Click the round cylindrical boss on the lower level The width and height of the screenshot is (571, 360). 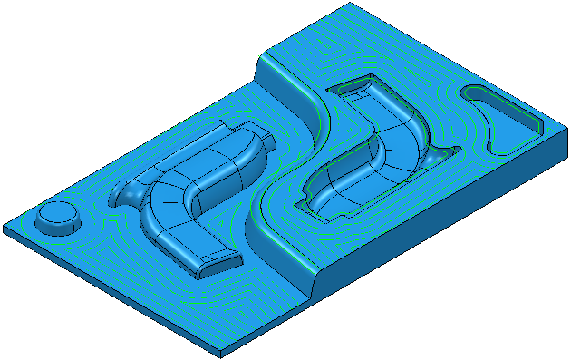(x=56, y=219)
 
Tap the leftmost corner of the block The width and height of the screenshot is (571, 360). (x=4, y=227)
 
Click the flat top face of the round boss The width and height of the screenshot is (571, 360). (x=56, y=213)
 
